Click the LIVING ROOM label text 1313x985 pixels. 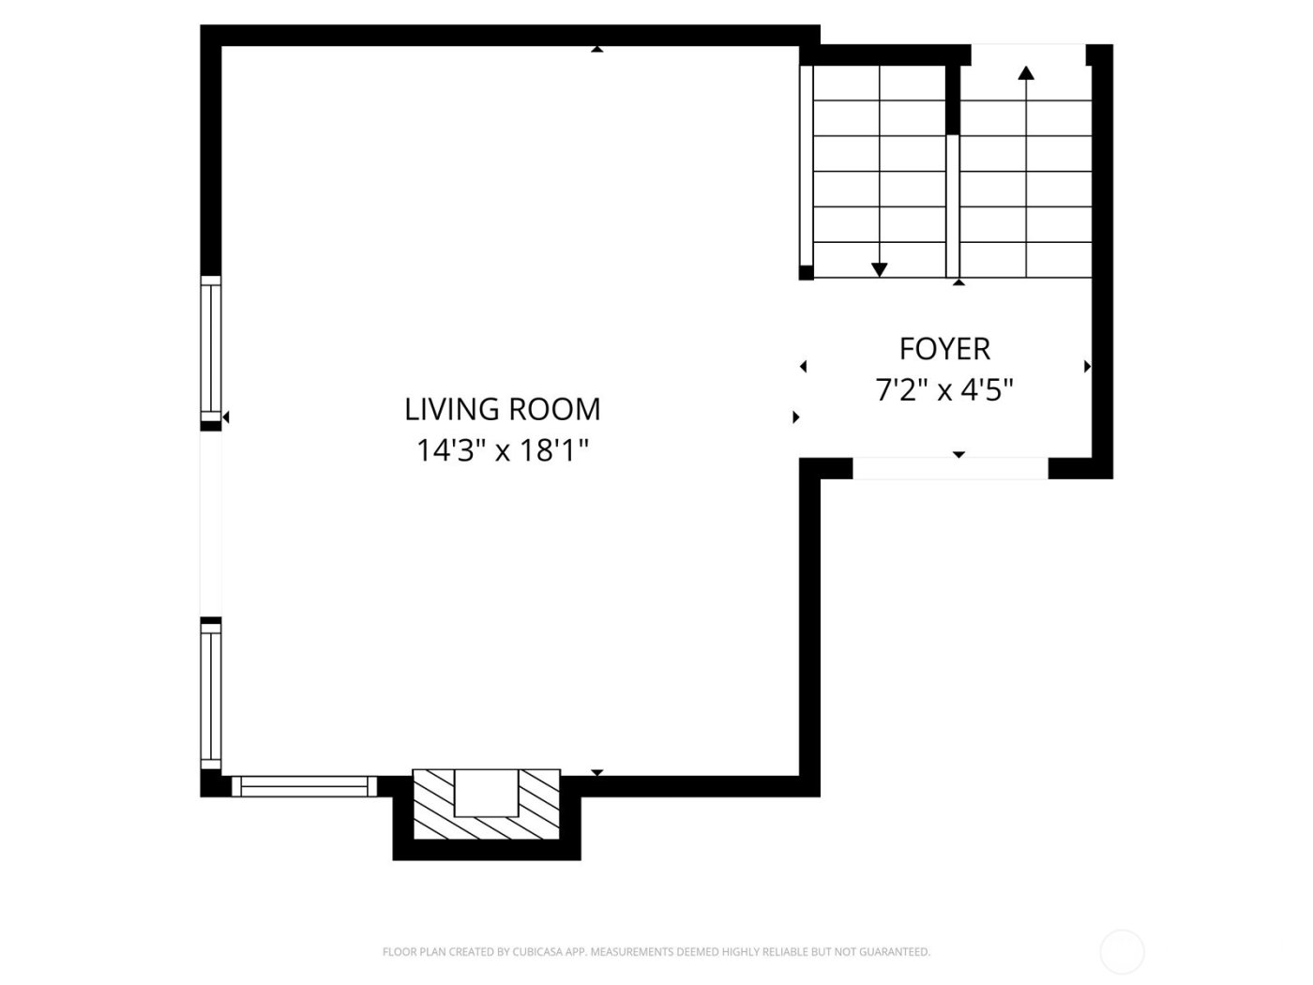click(503, 409)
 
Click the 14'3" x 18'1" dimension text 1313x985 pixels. click(503, 451)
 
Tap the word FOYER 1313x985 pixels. click(944, 349)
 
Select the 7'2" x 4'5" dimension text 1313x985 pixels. click(944, 389)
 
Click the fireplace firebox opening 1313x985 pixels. click(487, 793)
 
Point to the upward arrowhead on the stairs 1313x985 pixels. click(1026, 72)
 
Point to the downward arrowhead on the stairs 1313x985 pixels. click(879, 270)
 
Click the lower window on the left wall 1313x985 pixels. click(211, 696)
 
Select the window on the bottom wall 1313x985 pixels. click(304, 786)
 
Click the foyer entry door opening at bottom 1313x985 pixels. click(949, 469)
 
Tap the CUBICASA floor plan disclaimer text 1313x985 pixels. click(656, 952)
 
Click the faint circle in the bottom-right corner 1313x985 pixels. click(1122, 952)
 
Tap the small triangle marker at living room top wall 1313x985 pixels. click(596, 49)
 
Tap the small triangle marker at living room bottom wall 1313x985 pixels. click(596, 773)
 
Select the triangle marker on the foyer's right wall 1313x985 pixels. click(1087, 367)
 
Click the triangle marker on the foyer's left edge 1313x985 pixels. click(803, 367)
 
